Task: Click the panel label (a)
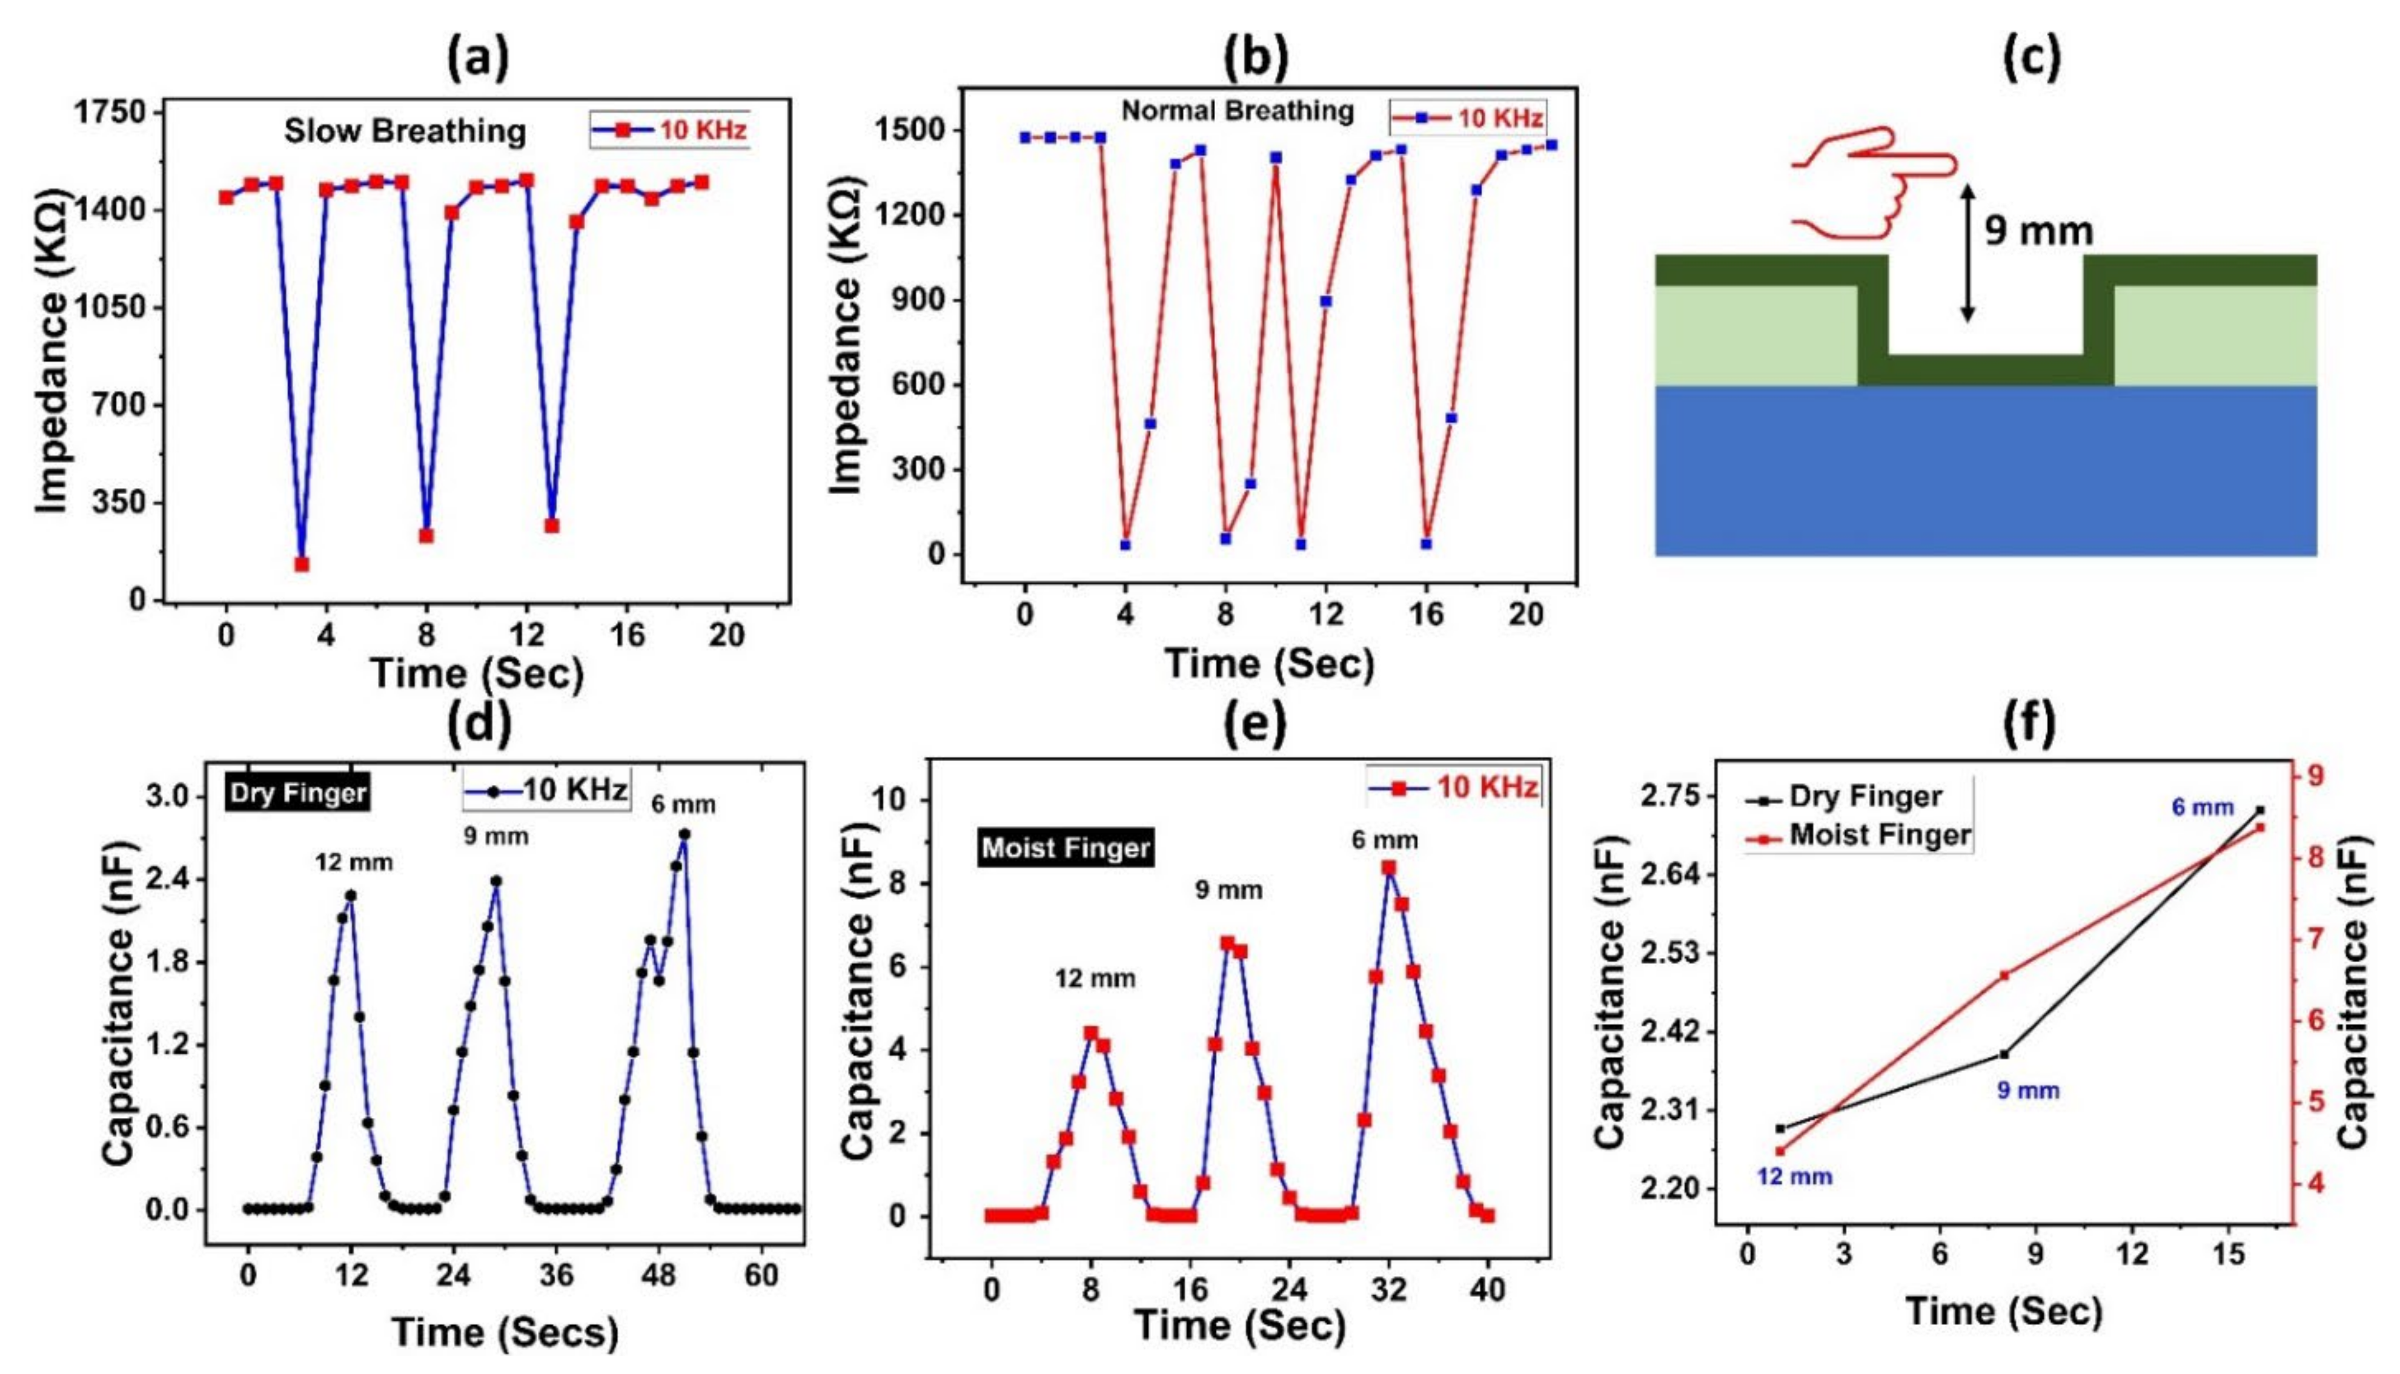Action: (x=477, y=59)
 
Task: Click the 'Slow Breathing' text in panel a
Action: (x=405, y=131)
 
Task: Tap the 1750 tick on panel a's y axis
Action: (x=111, y=112)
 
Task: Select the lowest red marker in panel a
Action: (x=302, y=564)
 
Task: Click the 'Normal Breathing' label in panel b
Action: (x=1238, y=111)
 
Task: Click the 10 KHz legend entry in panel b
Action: (x=1468, y=118)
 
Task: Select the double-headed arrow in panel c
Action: (x=1967, y=253)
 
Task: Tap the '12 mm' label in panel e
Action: (x=1095, y=979)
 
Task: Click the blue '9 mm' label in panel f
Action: (x=2027, y=1091)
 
